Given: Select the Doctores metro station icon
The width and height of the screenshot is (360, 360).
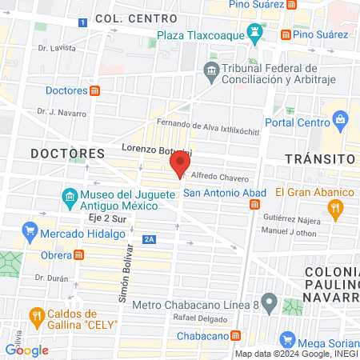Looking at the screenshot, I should pos(95,90).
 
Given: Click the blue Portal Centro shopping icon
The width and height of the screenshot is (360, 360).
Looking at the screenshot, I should pos(341,122).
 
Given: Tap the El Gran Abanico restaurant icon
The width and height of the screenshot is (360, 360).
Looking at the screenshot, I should pos(337,208).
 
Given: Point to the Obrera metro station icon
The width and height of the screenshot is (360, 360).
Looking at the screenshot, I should pos(79,255).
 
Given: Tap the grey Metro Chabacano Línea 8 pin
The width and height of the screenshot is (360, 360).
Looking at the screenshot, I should pos(270,304).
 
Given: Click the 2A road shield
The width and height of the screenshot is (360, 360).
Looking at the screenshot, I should pos(149,238).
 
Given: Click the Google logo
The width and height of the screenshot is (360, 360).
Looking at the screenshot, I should pos(26,350).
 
